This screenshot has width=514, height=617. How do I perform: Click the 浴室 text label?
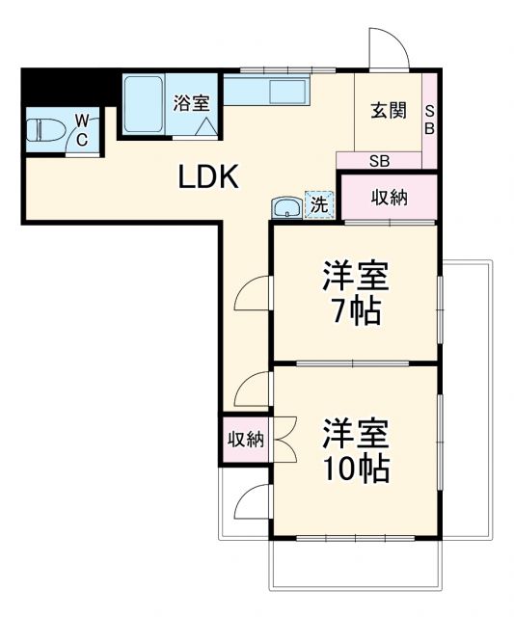pyautogui.click(x=191, y=102)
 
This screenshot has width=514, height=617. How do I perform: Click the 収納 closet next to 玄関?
pyautogui.click(x=390, y=197)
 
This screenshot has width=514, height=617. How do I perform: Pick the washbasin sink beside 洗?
pyautogui.click(x=286, y=206)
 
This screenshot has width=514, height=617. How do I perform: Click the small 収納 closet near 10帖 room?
pyautogui.click(x=245, y=440)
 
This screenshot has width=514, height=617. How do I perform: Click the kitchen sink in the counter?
pyautogui.click(x=287, y=93)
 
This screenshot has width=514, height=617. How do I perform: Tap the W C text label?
pyautogui.click(x=83, y=128)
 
